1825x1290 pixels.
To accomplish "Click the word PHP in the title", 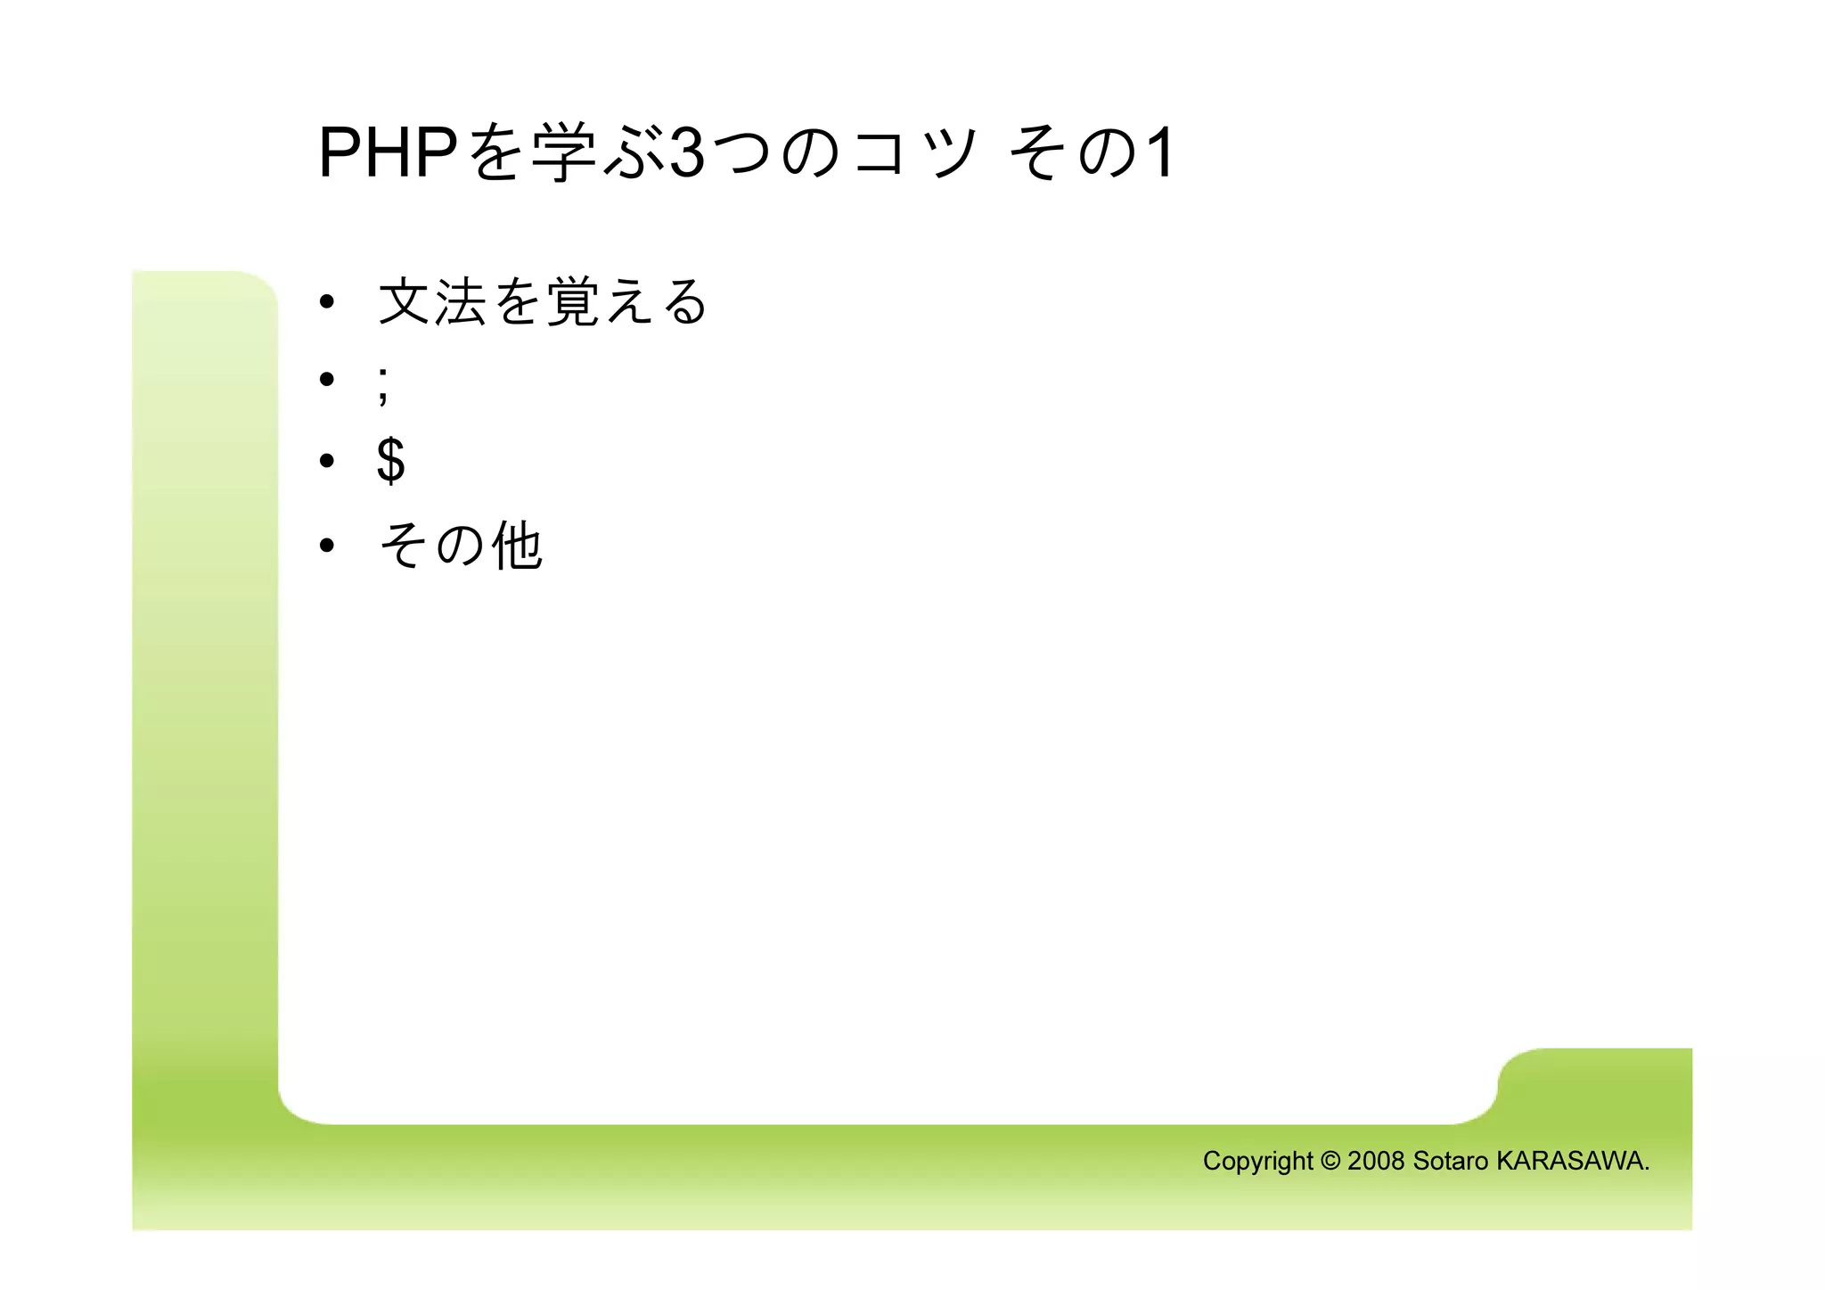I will [388, 153].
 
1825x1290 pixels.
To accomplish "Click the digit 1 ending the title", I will [1159, 153].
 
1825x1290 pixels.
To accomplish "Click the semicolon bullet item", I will [383, 384].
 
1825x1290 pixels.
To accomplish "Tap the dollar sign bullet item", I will [391, 460].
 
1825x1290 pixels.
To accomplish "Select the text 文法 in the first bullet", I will [432, 302].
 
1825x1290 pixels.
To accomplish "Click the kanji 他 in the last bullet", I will [518, 546].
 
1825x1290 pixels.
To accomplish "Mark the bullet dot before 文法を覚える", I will [327, 302].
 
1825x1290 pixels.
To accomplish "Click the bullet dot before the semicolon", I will [327, 380].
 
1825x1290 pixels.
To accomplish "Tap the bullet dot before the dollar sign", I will [327, 460].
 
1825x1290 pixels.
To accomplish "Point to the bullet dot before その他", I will [327, 545].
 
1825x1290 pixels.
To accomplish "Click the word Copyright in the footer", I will [1257, 1161].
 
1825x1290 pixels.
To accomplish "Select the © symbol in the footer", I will [1330, 1161].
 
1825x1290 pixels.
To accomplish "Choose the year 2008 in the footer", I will [1376, 1161].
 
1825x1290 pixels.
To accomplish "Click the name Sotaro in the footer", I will [1451, 1161].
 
